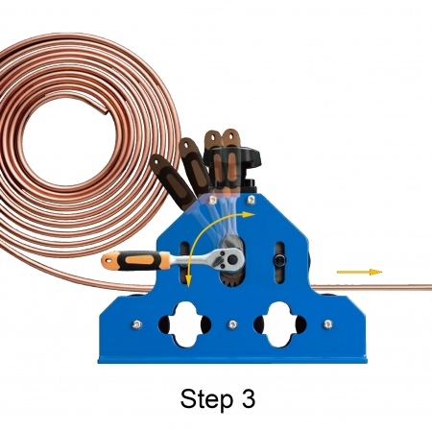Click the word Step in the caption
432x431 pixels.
click(206, 399)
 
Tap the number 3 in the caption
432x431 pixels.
click(247, 398)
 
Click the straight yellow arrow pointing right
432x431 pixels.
click(359, 272)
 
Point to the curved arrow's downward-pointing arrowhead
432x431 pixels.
click(189, 281)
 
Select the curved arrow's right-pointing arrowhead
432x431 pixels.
click(249, 214)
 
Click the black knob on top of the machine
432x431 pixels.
click(233, 160)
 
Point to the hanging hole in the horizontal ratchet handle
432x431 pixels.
click(108, 260)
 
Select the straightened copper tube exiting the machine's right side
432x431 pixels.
click(372, 287)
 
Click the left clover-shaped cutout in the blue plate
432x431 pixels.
click(184, 324)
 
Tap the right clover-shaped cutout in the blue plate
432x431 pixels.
click(280, 324)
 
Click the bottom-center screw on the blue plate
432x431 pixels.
click(232, 324)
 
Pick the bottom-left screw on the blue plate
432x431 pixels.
click(137, 324)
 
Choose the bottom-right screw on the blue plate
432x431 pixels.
click(328, 324)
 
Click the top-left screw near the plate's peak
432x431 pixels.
click(212, 201)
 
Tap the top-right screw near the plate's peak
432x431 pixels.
click(252, 200)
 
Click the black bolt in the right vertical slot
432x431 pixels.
click(279, 260)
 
